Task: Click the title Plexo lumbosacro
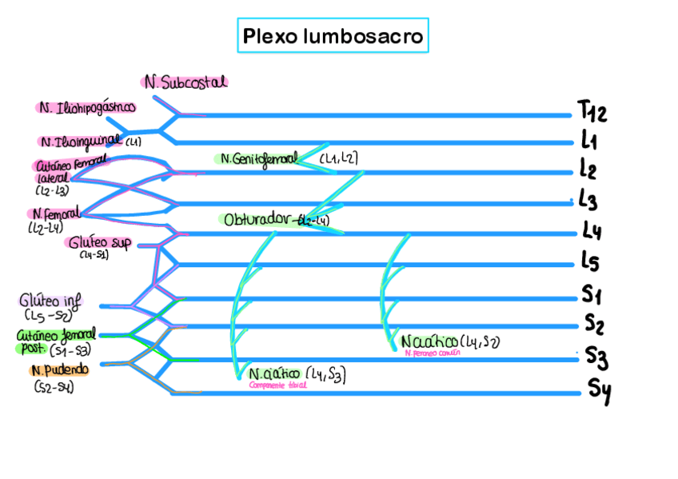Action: coord(333,37)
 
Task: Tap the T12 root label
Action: coord(592,111)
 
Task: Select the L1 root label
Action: coord(590,142)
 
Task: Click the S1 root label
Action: coord(592,296)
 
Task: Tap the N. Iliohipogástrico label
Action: coord(86,106)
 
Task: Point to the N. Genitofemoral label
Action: coord(258,158)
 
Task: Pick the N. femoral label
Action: coord(57,214)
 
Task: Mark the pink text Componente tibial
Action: coord(277,385)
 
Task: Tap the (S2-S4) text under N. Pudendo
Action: coord(54,388)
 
